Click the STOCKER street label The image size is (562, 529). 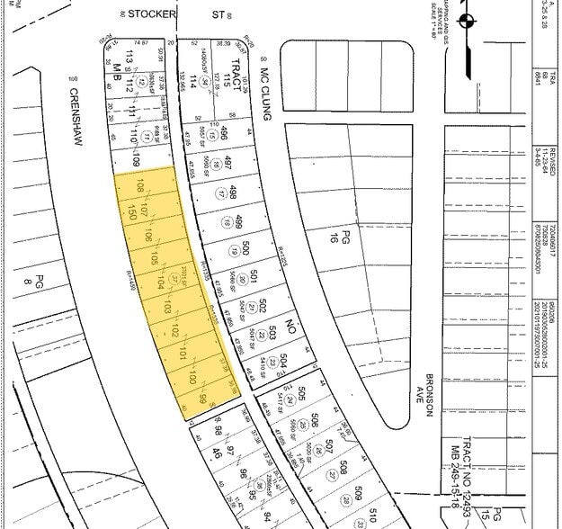click(150, 14)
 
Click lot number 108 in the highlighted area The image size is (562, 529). click(138, 187)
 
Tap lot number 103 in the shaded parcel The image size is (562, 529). click(166, 309)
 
